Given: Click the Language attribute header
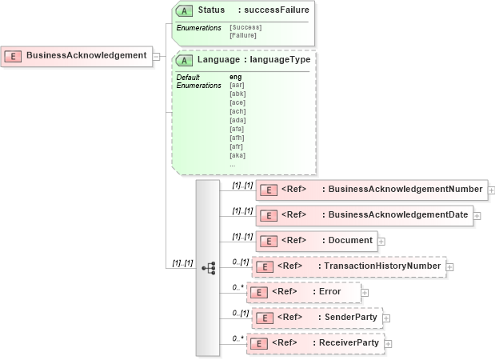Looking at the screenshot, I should pyautogui.click(x=243, y=59).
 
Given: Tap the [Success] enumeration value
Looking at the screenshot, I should pyautogui.click(x=246, y=28).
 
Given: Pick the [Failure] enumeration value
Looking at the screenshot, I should pyautogui.click(x=243, y=36).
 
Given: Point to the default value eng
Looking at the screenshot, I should pyautogui.click(x=236, y=77).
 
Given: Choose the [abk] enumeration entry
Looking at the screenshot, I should pyautogui.click(x=238, y=94).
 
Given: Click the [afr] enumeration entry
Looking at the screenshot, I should pyautogui.click(x=237, y=146).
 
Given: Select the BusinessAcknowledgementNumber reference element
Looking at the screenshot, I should pyautogui.click(x=371, y=190).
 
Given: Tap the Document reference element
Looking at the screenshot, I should pyautogui.click(x=316, y=240).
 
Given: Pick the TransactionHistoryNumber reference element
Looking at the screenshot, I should pyautogui.click(x=349, y=266).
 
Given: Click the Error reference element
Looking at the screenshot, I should pyautogui.click(x=303, y=291).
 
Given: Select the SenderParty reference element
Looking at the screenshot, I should pyautogui.click(x=316, y=318).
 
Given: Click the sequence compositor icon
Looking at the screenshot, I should pyautogui.click(x=209, y=268).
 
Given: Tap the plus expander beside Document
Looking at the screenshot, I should pyautogui.click(x=381, y=240).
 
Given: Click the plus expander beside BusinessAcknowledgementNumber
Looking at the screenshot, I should pyautogui.click(x=492, y=190).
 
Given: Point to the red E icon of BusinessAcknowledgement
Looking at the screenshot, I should pyautogui.click(x=13, y=56).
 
